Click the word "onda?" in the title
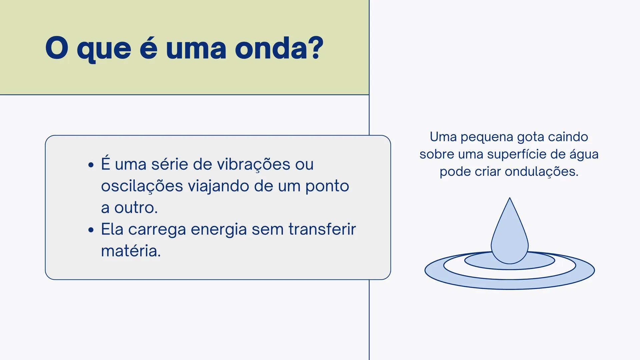click(x=279, y=48)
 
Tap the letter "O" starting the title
click(x=57, y=48)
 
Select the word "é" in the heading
click(x=148, y=48)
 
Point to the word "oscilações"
click(x=142, y=186)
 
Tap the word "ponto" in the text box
click(x=327, y=186)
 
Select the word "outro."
click(x=136, y=208)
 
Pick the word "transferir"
click(x=322, y=229)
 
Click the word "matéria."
click(x=131, y=251)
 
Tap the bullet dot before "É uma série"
click(x=91, y=165)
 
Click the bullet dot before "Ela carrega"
click(x=91, y=230)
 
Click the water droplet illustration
click(x=510, y=237)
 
